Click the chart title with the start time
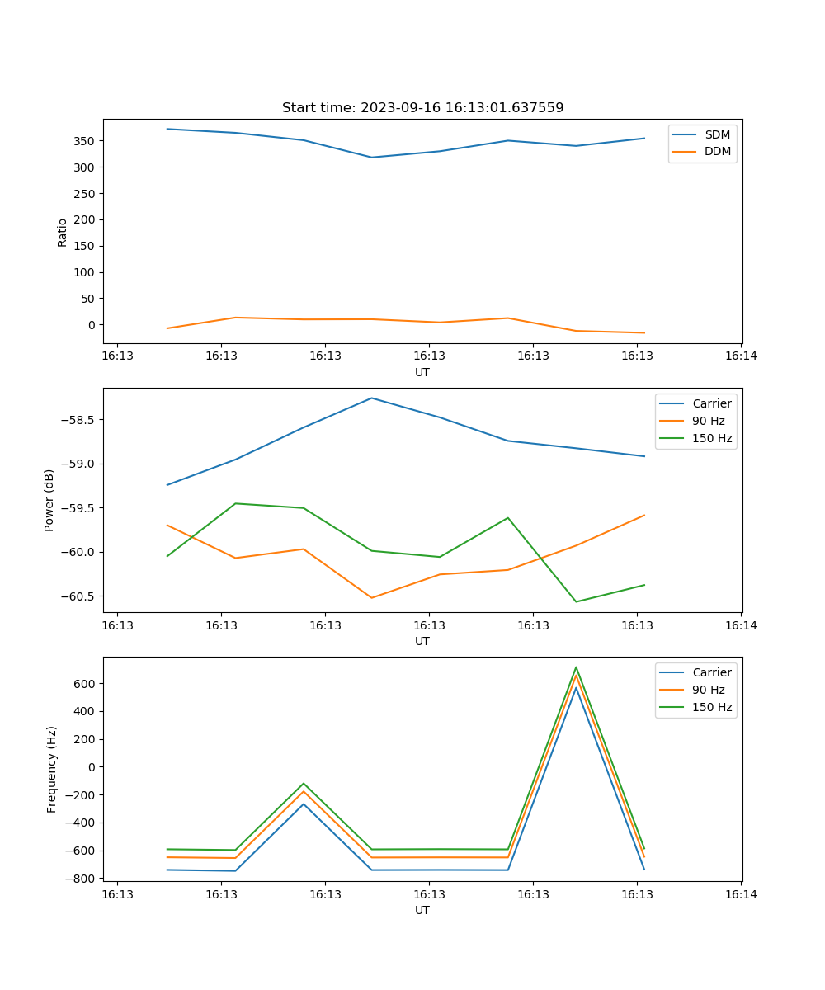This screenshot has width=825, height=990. click(x=422, y=108)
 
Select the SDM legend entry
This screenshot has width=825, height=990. click(x=717, y=134)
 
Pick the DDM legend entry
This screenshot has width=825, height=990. click(x=717, y=151)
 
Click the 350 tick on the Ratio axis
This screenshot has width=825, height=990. click(x=86, y=141)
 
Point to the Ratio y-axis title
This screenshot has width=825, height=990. click(x=62, y=232)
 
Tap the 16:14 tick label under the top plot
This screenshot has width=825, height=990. click(x=741, y=356)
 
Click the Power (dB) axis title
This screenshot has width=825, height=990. click(x=49, y=500)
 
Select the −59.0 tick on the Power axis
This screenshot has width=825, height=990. click(x=80, y=464)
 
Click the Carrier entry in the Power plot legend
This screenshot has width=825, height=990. click(x=711, y=403)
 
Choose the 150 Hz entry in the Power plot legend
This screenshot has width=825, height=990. click(x=712, y=438)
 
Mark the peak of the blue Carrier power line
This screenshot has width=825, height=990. click(x=372, y=398)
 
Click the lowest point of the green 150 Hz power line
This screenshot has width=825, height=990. click(x=576, y=601)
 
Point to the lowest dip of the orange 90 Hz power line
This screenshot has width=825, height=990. click(x=372, y=597)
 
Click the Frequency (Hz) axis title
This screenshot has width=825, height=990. click(x=52, y=769)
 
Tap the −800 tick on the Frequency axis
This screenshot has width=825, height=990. click(x=82, y=879)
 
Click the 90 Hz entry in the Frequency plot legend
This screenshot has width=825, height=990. click(x=708, y=690)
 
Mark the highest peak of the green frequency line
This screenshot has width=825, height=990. click(x=576, y=667)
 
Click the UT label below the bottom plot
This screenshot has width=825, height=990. click(x=422, y=910)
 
